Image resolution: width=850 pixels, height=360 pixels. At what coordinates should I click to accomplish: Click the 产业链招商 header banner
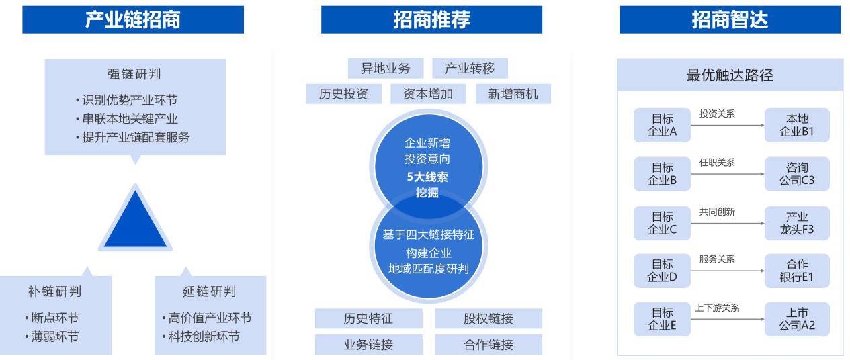point(133,19)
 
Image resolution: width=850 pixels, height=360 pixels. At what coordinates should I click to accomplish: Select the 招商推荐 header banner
point(431,19)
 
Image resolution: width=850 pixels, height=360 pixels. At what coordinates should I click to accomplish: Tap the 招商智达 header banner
point(730,19)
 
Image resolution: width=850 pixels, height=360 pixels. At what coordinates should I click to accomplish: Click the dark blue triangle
point(135,220)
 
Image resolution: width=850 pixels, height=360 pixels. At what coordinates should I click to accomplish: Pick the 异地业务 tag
point(386,69)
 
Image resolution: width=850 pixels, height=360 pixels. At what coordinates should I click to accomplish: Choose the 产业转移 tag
point(470,69)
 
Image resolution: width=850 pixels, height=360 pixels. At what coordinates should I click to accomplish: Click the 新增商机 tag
point(513,94)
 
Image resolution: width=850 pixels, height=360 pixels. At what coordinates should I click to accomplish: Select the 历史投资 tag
point(343,94)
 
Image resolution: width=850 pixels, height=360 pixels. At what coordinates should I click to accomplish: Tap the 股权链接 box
point(488,318)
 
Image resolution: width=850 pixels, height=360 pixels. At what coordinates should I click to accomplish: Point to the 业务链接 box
point(368,345)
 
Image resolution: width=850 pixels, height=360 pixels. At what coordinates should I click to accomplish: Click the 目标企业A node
point(662,125)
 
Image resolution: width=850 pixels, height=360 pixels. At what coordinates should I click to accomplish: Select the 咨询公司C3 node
point(797,174)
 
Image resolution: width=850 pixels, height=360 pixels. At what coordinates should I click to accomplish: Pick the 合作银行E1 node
point(797,271)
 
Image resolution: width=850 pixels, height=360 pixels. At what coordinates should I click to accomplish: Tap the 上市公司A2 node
point(797,319)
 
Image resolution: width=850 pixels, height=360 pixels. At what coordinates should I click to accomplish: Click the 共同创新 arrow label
point(717,212)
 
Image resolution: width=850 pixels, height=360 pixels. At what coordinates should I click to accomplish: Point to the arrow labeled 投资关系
point(728,125)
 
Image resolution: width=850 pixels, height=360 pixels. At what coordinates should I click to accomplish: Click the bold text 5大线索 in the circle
point(427,177)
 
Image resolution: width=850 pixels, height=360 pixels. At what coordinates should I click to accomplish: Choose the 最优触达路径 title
point(730,75)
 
